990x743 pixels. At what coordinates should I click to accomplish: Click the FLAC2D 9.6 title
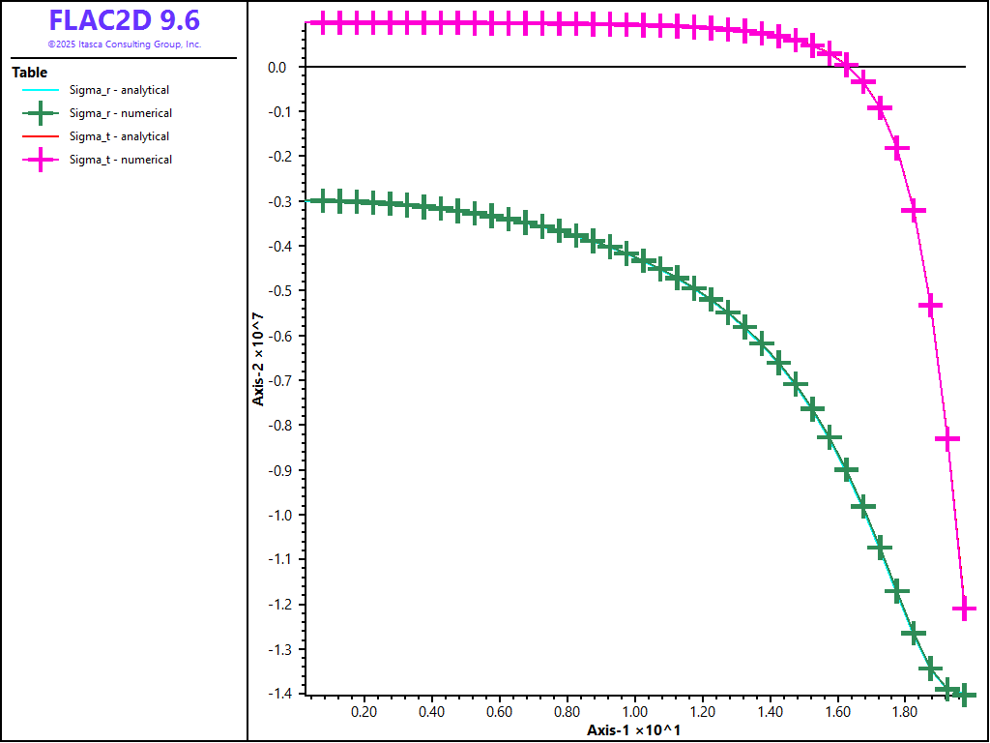coord(125,20)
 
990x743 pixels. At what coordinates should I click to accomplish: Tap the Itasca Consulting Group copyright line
coord(125,45)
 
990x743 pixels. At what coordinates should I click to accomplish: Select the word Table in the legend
coord(29,73)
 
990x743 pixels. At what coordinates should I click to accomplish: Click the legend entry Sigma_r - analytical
coord(119,90)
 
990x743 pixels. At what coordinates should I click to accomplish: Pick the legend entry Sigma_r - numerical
coord(120,113)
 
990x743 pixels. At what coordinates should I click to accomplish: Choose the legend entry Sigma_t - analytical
coord(119,136)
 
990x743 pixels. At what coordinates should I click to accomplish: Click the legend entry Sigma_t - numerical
coord(120,160)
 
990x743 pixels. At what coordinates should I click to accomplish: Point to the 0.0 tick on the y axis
coord(277,67)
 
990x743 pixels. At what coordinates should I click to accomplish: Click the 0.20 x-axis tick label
coord(364,712)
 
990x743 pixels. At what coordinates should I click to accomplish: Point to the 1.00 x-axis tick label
coord(634,712)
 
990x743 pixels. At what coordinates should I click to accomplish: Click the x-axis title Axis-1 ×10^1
coord(633,729)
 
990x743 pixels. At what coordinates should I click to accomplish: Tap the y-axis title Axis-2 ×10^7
coord(258,358)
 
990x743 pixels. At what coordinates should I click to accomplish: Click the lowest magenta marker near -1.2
coord(964,609)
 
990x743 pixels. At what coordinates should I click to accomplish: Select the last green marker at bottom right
coord(964,695)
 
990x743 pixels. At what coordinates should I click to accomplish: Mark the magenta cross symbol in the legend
coord(41,160)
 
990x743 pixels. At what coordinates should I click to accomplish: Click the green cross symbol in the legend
coord(41,113)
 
